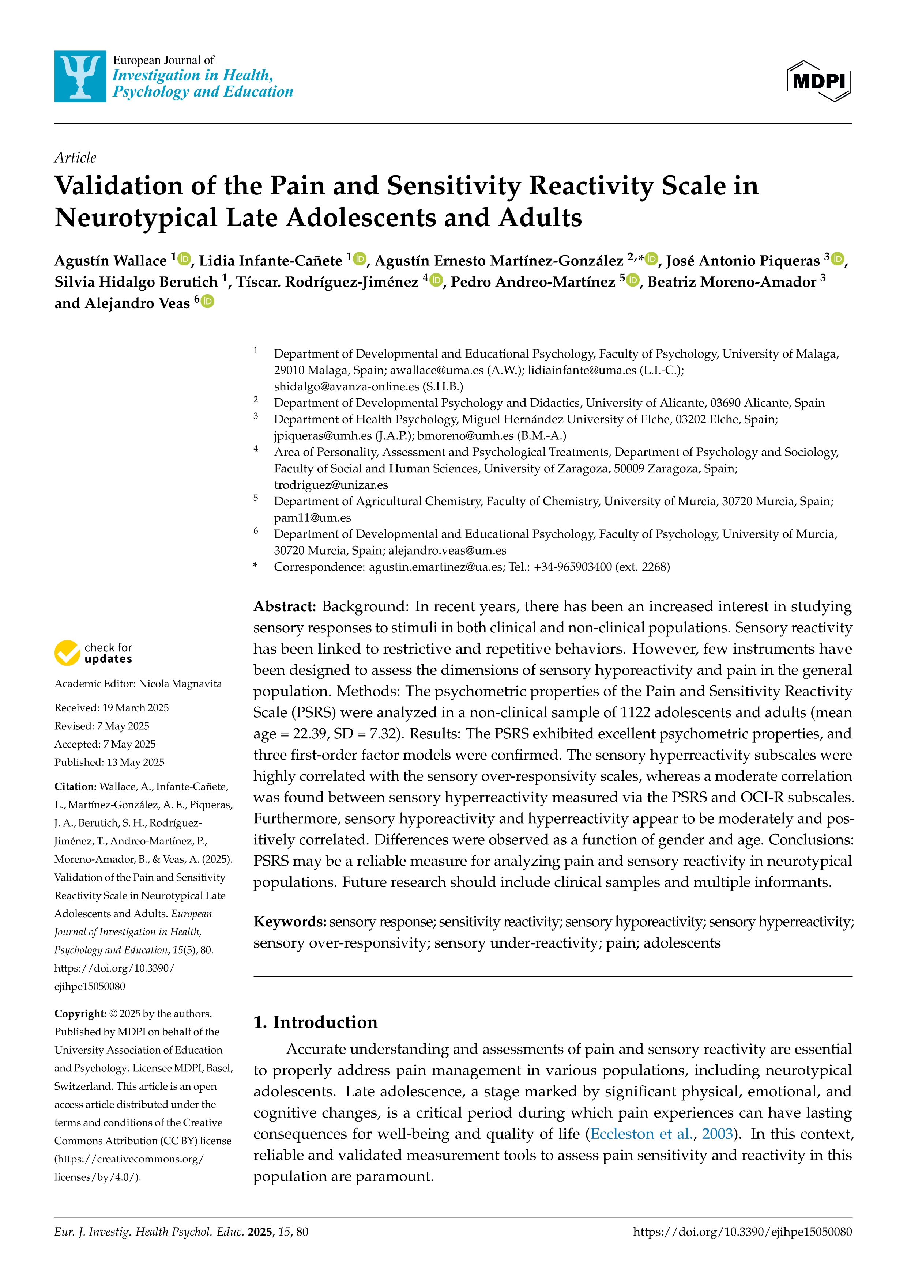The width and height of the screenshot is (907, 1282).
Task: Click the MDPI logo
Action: (x=819, y=82)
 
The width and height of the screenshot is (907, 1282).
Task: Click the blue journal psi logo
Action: (x=80, y=76)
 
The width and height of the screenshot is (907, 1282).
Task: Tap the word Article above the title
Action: (x=75, y=158)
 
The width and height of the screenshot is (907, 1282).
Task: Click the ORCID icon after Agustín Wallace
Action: (x=184, y=259)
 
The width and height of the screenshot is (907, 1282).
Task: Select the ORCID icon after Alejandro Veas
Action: (x=207, y=302)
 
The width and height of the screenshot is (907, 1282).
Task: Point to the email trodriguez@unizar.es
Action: (x=331, y=485)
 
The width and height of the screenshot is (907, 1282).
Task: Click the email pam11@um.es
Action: (x=312, y=518)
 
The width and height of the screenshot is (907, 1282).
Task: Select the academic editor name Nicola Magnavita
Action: (x=180, y=684)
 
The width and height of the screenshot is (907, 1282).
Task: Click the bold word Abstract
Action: (x=285, y=606)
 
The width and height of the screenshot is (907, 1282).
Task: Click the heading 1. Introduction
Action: (x=316, y=1022)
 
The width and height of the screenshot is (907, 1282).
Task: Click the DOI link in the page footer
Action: (x=742, y=1232)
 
